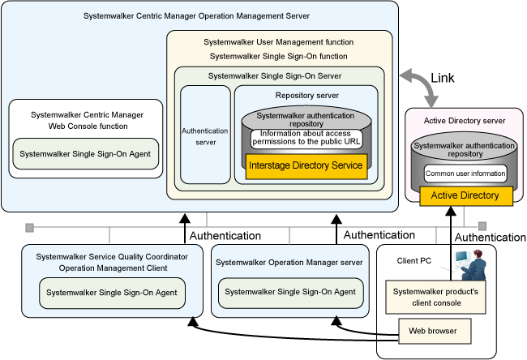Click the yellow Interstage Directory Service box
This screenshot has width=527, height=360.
pos(306,166)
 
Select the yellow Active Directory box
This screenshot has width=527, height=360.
pos(466,195)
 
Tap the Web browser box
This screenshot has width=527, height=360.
pos(435,331)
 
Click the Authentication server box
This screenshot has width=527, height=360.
pos(205,135)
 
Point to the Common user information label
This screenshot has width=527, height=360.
pos(465,174)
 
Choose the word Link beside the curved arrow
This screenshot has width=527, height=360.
pos(443,78)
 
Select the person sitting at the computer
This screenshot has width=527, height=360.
pos(473,265)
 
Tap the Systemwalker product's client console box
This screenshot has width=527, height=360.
pos(435,297)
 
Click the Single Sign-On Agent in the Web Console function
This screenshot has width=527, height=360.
pos(85,154)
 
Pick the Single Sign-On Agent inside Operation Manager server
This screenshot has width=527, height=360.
pos(290,292)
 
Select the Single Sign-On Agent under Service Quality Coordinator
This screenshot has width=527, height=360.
pos(112,293)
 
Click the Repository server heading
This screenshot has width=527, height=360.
pos(306,96)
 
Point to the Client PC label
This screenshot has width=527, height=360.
pos(413,261)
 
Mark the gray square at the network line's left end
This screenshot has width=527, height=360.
pos(29,228)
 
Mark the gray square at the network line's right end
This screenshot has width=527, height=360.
pos(482,226)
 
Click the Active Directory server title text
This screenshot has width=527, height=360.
pos(465,121)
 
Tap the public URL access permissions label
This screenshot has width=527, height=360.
pos(306,138)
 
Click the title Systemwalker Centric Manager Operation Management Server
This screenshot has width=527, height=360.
pos(197,16)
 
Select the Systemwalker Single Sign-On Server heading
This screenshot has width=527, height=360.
pos(275,76)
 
